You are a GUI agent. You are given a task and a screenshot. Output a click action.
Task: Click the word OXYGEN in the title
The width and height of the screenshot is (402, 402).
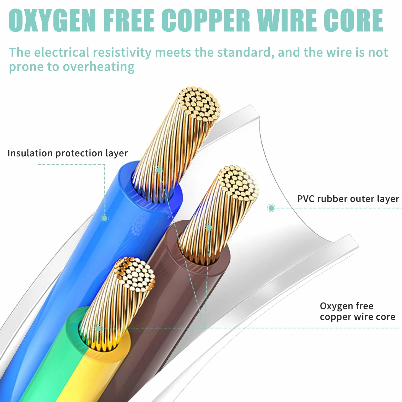click(52, 20)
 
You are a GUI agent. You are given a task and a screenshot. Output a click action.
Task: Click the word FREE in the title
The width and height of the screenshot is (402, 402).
click(129, 20)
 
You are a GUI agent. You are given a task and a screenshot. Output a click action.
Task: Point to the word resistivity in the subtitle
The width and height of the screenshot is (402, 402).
click(122, 53)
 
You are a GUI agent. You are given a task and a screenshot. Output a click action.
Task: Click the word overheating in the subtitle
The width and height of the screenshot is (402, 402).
click(98, 67)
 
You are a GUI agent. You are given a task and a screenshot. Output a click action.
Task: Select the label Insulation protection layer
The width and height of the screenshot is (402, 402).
click(68, 153)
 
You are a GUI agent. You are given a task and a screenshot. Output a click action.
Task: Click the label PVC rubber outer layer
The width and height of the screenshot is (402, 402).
click(348, 199)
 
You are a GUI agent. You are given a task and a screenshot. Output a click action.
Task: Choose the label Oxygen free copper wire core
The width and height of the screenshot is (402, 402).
click(357, 311)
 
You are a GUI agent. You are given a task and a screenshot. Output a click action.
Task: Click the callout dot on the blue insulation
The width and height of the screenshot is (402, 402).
click(104, 218)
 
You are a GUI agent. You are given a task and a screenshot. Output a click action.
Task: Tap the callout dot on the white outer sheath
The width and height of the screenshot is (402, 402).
click(271, 208)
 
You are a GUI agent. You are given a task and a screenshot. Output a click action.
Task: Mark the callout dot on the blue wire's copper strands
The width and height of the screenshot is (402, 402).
click(159, 170)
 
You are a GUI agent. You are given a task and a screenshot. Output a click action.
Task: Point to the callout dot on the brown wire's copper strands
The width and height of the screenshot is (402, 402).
click(209, 227)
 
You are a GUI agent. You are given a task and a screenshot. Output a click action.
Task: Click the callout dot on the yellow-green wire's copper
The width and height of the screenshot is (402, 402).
click(98, 328)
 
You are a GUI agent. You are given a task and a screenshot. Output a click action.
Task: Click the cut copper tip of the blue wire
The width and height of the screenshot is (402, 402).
click(199, 104)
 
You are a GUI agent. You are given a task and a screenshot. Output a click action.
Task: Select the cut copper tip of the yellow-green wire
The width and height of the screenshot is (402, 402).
click(134, 274)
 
